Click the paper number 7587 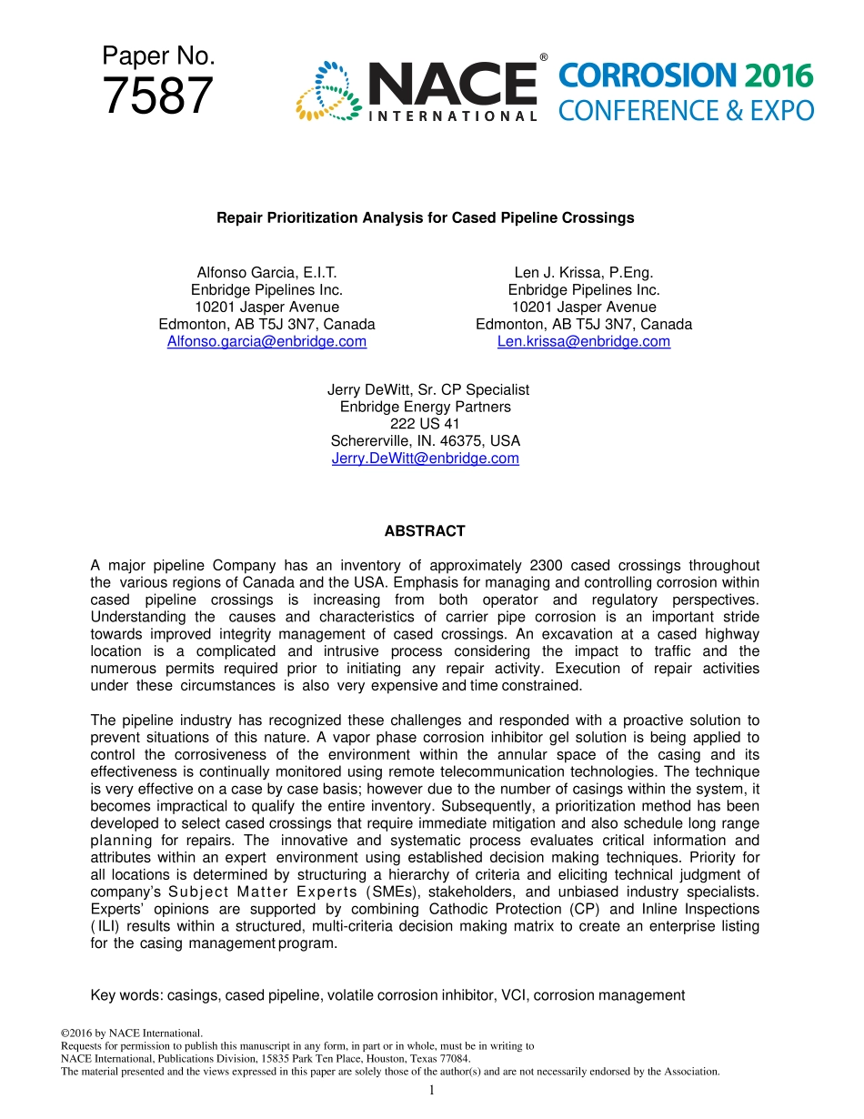[x=157, y=96]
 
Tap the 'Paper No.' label [x=158, y=56]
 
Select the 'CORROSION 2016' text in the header [x=685, y=76]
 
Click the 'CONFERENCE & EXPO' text [x=685, y=111]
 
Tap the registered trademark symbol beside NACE [x=543, y=58]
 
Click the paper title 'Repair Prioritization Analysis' [x=425, y=218]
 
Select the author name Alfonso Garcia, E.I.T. [x=266, y=273]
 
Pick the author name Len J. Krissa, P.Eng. [x=584, y=273]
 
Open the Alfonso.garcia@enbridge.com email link [x=266, y=341]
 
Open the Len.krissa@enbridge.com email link [x=584, y=341]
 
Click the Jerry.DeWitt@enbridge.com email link [x=426, y=459]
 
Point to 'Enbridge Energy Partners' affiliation [x=426, y=407]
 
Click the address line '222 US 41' [x=426, y=424]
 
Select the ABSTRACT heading [x=425, y=531]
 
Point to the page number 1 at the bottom [x=432, y=1091]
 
